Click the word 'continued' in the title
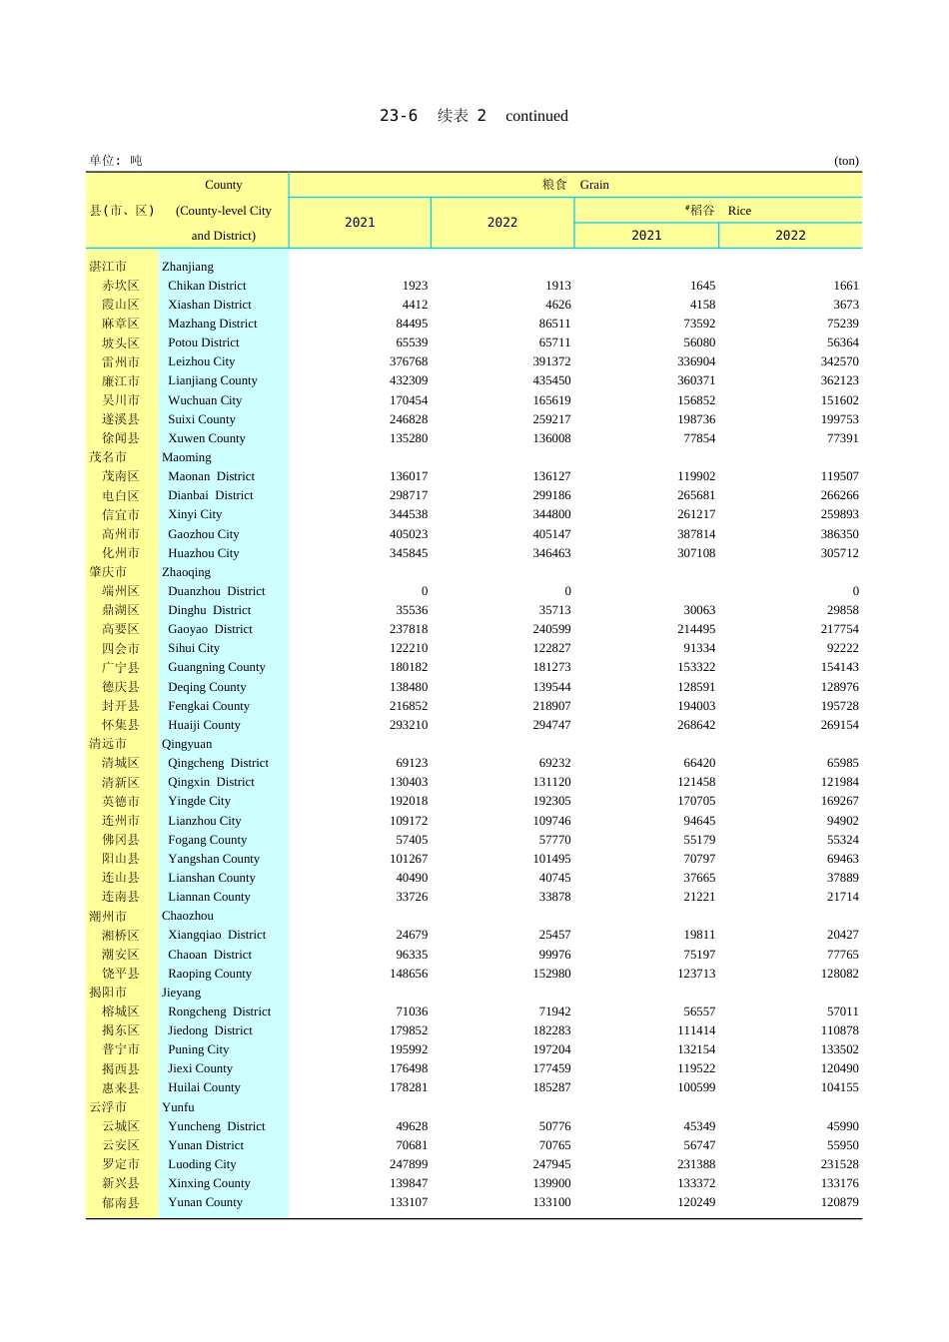[536, 116]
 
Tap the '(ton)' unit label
[846, 161]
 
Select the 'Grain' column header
[594, 185]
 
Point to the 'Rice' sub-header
[739, 211]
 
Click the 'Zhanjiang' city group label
[188, 267]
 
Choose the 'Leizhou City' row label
[201, 361]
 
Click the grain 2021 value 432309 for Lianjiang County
[409, 380]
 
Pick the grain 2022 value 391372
[551, 361]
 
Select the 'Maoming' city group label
[187, 457]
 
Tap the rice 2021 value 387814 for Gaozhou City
[696, 534]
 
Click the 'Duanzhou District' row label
[216, 591]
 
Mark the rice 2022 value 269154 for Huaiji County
[839, 725]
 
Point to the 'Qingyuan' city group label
[187, 744]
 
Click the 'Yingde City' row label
[199, 801]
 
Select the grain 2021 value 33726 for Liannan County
[412, 897]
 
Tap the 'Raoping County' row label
[210, 974]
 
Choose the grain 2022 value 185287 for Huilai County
[551, 1087]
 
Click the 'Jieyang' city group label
[181, 993]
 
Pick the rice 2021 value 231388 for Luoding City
[696, 1164]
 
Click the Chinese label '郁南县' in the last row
[121, 1203]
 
